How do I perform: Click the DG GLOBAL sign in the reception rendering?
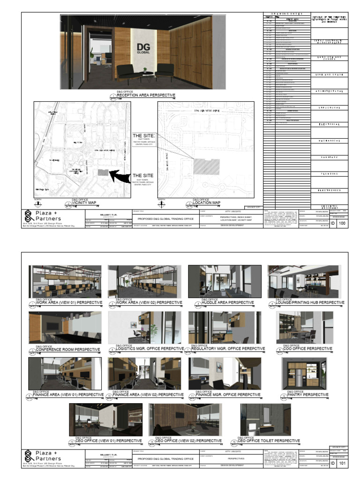[x=143, y=48]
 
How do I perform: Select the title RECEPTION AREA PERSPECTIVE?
[x=146, y=96]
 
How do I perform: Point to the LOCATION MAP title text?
[x=206, y=203]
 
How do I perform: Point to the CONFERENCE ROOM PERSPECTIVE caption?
[x=68, y=349]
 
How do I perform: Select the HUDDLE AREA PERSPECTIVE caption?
[x=227, y=303]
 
